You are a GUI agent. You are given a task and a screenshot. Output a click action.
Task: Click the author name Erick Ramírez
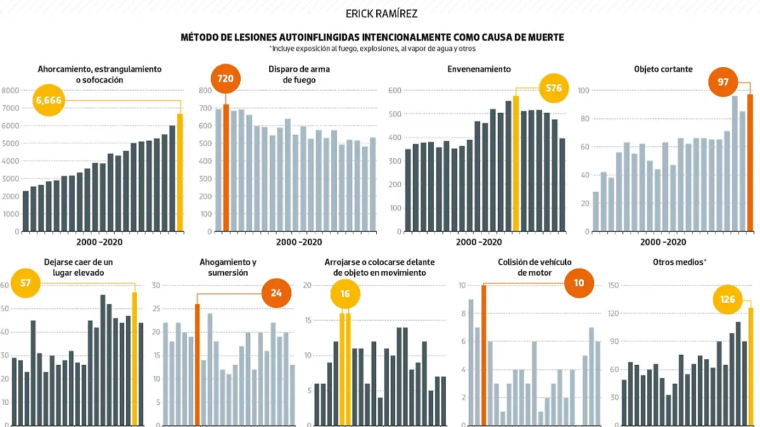[381, 13]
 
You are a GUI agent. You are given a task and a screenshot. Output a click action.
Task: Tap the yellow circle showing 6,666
[50, 100]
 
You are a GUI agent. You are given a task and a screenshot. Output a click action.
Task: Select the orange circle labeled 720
[226, 80]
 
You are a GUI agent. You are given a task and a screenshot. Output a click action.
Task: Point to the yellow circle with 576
[554, 88]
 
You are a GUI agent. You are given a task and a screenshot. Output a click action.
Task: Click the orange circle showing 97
[723, 82]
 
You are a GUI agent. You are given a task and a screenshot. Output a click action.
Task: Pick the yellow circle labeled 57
[26, 283]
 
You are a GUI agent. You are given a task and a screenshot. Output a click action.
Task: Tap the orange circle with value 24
[277, 293]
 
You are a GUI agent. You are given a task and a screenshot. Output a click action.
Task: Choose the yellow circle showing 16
[345, 294]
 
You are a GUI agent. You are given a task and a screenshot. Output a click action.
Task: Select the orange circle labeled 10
[578, 283]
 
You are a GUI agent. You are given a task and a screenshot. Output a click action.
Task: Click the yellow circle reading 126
[728, 299]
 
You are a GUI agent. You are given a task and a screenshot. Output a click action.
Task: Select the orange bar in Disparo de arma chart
[226, 168]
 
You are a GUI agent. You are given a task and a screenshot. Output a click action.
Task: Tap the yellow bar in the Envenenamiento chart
[516, 163]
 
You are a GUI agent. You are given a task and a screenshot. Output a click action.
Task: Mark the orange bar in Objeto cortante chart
[750, 163]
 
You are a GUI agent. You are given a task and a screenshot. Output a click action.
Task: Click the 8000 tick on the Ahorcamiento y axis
[11, 91]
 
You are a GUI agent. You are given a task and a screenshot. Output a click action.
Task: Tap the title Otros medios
[680, 262]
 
